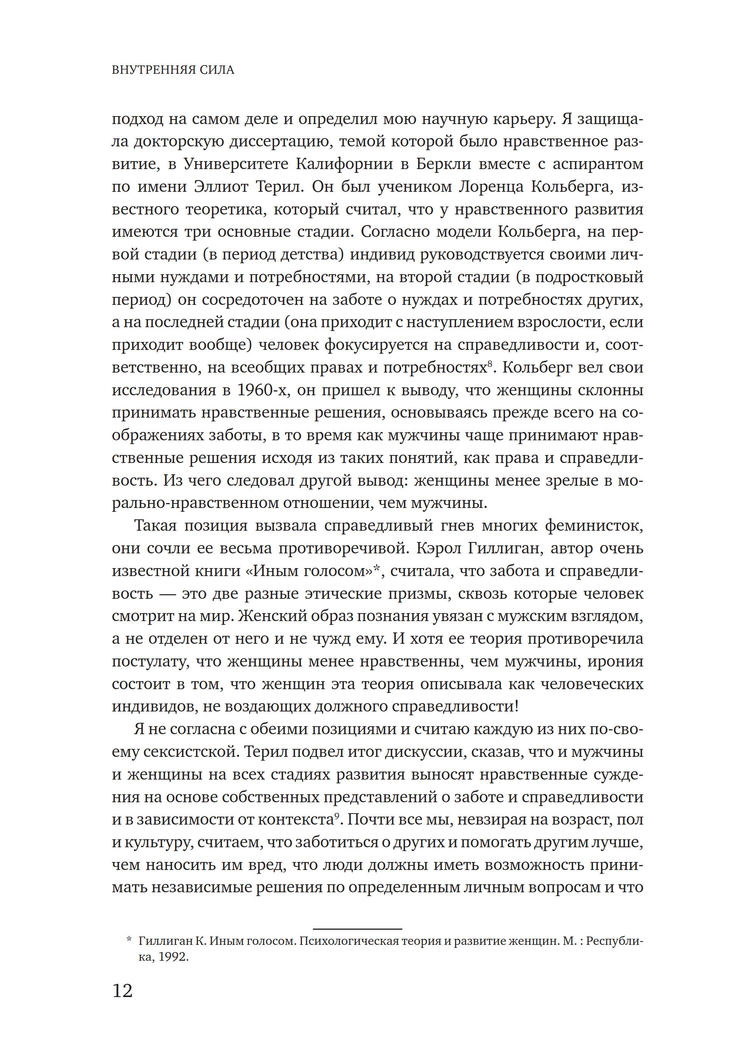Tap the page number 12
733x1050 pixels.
pos(122,991)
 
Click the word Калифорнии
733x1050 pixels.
pos(344,164)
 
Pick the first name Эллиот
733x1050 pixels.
pos(221,186)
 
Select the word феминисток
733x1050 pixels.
pos(594,526)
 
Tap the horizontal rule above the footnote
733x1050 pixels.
pos(357,929)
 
